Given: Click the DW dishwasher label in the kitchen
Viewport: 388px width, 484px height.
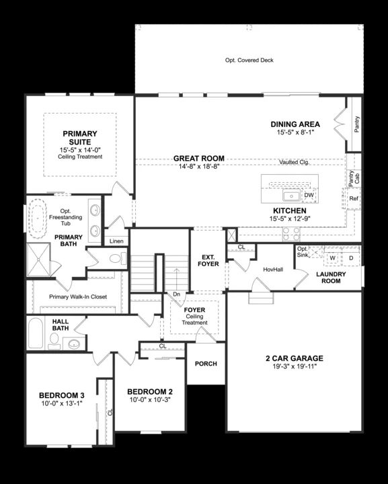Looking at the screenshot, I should (309, 196).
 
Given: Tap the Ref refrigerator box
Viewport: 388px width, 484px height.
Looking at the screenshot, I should (354, 199).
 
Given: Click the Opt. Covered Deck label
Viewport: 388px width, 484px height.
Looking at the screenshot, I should (249, 61).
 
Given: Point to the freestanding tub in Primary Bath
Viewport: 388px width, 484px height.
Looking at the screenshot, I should (36, 219).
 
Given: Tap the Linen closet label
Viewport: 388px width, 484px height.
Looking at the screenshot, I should (116, 241).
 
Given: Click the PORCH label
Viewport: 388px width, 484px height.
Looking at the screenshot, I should (206, 364).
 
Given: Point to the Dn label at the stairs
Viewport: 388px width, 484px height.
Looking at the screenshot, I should (177, 294).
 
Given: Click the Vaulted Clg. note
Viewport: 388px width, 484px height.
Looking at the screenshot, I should (294, 162).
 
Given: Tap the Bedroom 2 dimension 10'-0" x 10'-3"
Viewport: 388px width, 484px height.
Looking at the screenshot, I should (151, 400).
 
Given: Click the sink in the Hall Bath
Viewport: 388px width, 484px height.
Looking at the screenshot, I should (73, 344).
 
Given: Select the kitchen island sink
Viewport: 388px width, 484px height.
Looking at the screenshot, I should (291, 196).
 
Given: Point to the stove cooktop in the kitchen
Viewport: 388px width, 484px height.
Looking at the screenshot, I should (290, 233).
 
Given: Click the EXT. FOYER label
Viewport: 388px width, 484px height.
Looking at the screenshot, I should (206, 261).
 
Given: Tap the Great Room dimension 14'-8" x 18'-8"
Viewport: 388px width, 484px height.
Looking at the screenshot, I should (199, 167).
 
